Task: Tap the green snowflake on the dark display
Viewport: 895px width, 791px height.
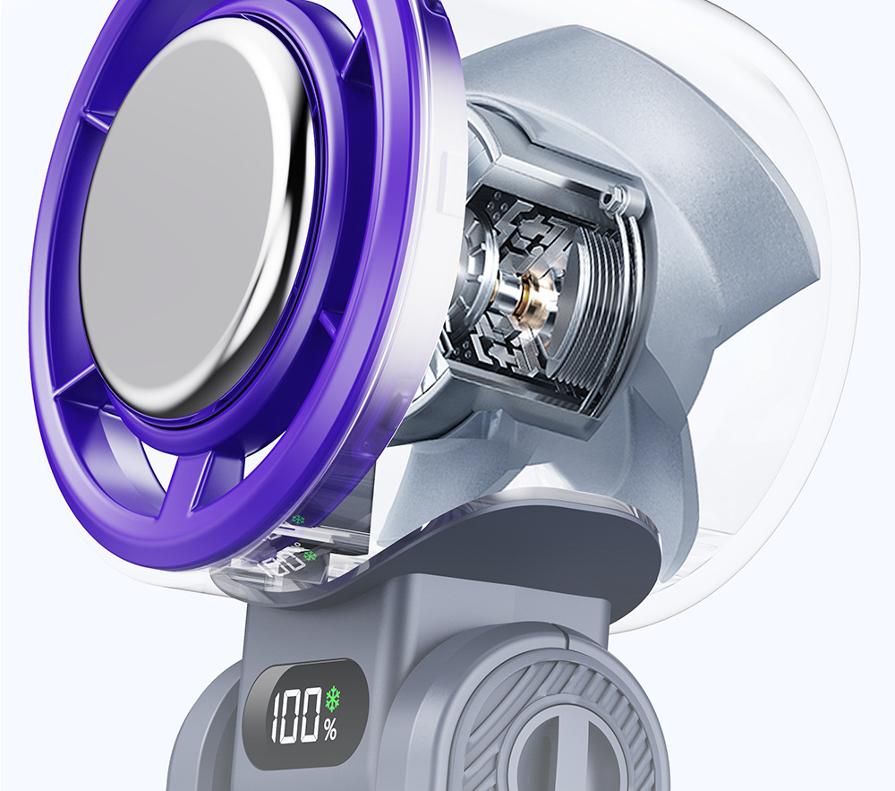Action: click(x=332, y=699)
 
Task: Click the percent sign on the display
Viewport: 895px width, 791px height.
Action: click(x=330, y=730)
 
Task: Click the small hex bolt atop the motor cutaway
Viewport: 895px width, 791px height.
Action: click(x=614, y=197)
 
